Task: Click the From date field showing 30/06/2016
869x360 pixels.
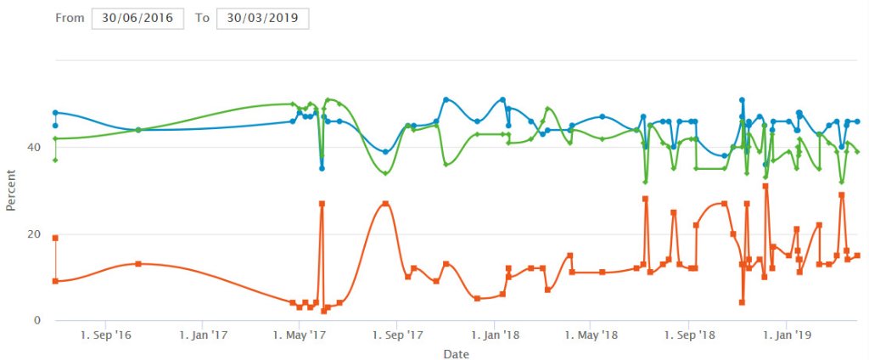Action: click(137, 18)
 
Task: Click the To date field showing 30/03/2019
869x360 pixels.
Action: click(262, 18)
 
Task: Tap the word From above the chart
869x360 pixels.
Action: click(70, 18)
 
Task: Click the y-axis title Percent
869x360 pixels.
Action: click(11, 190)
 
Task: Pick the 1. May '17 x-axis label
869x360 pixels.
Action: click(300, 335)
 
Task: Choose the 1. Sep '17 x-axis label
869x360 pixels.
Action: click(398, 335)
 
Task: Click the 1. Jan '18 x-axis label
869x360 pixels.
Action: click(496, 335)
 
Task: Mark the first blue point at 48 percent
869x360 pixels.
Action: click(55, 112)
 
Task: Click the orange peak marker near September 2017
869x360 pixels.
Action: click(385, 204)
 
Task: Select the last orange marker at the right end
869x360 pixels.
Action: click(857, 256)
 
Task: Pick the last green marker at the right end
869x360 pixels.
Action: click(857, 151)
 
